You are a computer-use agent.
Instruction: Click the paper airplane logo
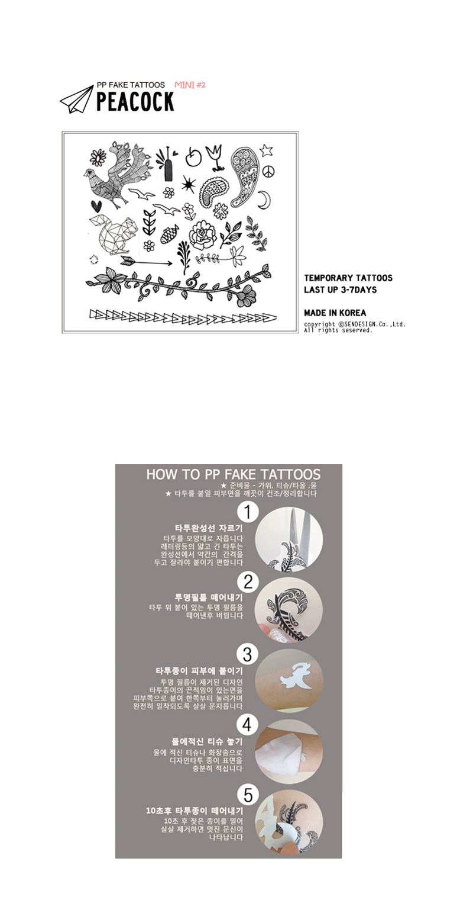click(x=76, y=99)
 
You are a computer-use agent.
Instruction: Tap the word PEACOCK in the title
click(x=135, y=102)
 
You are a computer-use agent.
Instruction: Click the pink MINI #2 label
click(x=190, y=85)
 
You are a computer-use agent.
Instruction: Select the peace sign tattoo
click(x=268, y=171)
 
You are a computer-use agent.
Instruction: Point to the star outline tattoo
click(x=266, y=150)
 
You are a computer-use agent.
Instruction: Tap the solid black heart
click(x=96, y=205)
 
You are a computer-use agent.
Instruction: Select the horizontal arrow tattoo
click(x=146, y=262)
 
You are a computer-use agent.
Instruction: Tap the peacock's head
click(x=89, y=174)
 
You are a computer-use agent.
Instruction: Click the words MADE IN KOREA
click(x=335, y=313)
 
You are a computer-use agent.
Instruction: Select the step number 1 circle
click(x=248, y=512)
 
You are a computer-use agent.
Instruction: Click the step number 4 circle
click(x=247, y=725)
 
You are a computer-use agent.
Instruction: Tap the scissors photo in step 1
click(x=289, y=536)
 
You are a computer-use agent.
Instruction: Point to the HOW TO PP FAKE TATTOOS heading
click(x=233, y=475)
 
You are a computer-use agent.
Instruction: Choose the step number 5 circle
click(x=248, y=796)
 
